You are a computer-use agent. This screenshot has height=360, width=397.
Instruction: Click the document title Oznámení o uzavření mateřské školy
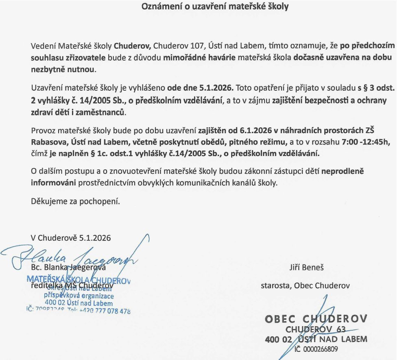[215, 7]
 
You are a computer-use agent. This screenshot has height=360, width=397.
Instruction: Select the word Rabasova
[47, 143]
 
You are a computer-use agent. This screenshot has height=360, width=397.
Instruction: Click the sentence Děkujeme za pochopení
[76, 201]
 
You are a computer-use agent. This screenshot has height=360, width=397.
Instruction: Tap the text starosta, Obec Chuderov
[305, 285]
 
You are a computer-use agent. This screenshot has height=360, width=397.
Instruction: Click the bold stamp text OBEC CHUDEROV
[316, 318]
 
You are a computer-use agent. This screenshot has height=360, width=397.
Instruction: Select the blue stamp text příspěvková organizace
[79, 296]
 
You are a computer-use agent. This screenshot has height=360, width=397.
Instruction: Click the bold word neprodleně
[343, 171]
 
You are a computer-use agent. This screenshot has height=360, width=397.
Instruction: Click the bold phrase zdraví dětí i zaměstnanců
[76, 112]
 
